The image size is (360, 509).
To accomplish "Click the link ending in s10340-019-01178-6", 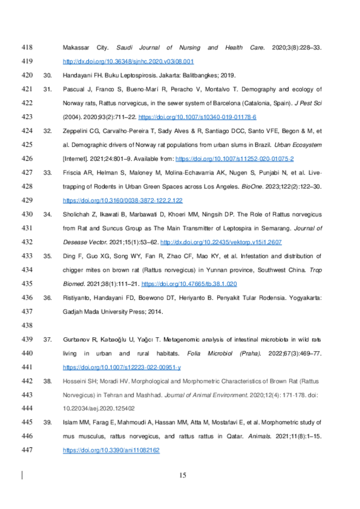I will click(197, 117).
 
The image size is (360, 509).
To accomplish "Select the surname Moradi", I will click(111, 381).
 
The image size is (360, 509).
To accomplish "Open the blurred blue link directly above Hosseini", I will click(122, 367).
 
